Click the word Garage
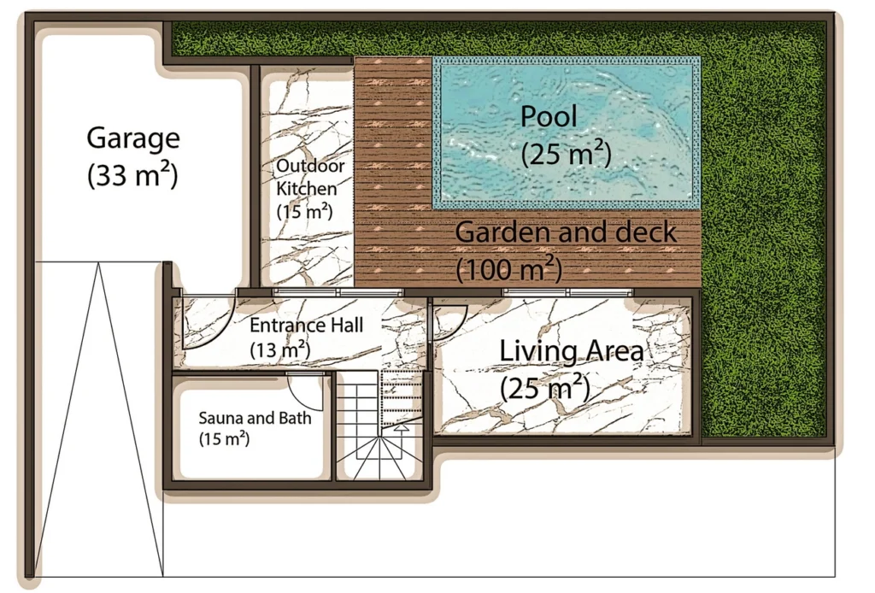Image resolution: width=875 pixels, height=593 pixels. click(x=133, y=138)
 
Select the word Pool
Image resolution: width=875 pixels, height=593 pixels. click(x=549, y=117)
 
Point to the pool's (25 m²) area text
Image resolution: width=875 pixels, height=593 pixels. click(x=566, y=154)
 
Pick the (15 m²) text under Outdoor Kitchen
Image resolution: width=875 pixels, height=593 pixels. click(x=303, y=210)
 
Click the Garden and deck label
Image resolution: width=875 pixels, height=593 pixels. click(x=566, y=232)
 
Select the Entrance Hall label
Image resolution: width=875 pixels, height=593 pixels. click(x=306, y=326)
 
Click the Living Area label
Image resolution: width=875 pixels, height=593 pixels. click(x=571, y=350)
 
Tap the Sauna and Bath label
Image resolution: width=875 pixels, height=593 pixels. click(x=255, y=419)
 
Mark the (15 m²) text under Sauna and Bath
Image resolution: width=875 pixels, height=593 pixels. click(x=224, y=440)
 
